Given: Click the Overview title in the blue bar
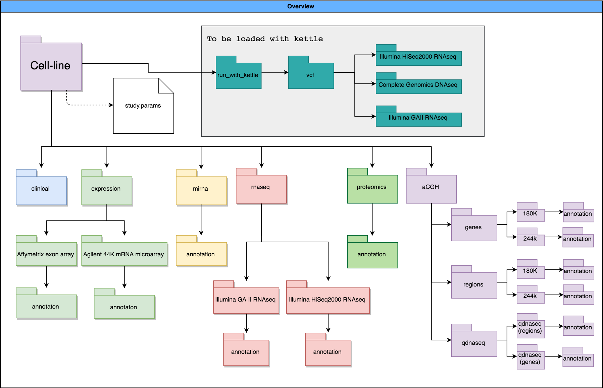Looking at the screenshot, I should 301,6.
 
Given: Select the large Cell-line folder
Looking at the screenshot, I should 51,66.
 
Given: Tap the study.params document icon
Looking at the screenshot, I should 143,106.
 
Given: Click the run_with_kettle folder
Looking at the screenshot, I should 238,75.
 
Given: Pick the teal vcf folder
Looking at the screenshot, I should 311,75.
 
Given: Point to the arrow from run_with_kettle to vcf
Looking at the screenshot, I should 274,72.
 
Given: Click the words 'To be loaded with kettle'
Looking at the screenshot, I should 265,39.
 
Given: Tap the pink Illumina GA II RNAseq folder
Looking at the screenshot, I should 246,300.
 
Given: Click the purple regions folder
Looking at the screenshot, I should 474,284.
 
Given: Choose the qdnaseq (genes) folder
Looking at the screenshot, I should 530,359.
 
